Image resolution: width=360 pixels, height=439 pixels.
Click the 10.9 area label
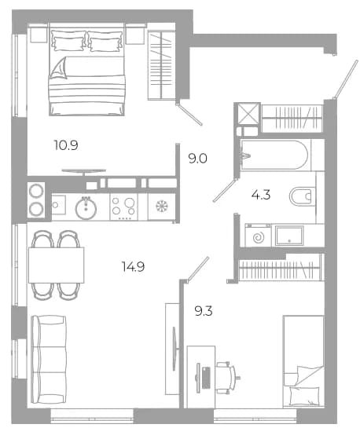pos(66,145)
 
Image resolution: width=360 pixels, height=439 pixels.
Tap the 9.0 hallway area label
pos(197,159)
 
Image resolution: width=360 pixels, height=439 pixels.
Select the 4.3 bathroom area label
pos(261,195)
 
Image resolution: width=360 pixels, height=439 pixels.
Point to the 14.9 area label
pos(133,266)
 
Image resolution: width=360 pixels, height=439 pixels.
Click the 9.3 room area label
pos(204,311)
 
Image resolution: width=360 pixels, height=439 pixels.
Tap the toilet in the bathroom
pos(302,196)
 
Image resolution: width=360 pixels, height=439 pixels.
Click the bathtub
pos(274,155)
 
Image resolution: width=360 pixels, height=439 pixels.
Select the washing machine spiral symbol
pos(259,238)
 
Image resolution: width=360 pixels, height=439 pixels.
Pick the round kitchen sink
pos(86,208)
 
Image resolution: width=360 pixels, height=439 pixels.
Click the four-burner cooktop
pos(124,207)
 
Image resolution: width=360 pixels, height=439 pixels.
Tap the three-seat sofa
pos(49,360)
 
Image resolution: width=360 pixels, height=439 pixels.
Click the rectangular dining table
pos(57,265)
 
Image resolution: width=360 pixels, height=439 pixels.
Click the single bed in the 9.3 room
pos(303,361)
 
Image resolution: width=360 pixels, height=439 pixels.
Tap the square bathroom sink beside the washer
pos(289,236)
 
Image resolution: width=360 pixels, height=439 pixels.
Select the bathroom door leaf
pos(225,189)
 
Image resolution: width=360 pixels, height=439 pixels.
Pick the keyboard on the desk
pos(206,378)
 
